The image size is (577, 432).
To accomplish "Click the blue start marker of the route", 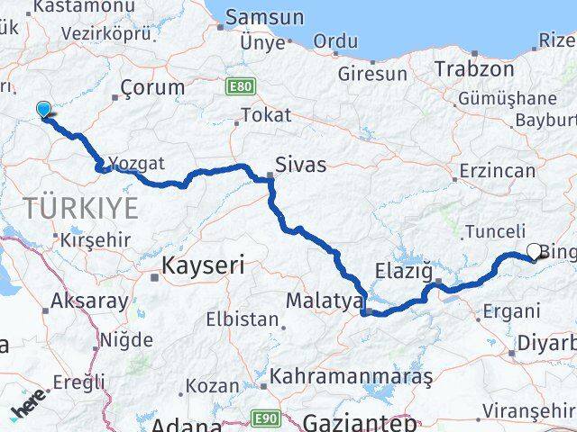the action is [x=43, y=111].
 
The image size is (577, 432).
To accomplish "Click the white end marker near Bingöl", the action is [x=534, y=253].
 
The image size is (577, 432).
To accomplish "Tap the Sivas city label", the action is [x=301, y=166].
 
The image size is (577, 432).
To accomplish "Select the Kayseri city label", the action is [x=203, y=265].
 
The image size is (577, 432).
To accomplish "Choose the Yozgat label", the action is [x=137, y=164].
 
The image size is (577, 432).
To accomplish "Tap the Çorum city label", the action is [x=152, y=88].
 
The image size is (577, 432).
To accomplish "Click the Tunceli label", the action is [x=495, y=231].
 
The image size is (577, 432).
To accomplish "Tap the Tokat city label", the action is [x=266, y=115].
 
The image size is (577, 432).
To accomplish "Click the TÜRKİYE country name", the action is [x=81, y=209].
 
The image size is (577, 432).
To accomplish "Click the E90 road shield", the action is [x=264, y=418].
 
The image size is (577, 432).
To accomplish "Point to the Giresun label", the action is [x=372, y=74].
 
